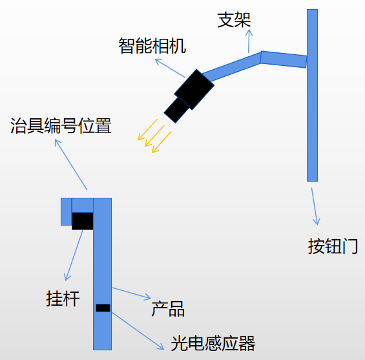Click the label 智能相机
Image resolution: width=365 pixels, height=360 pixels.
152,46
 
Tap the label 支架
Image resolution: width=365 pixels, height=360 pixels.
234,20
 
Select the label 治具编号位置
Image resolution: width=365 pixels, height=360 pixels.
61,126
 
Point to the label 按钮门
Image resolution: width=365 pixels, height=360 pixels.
333,246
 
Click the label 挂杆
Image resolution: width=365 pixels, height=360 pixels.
63,299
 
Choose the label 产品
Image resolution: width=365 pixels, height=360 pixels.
168,309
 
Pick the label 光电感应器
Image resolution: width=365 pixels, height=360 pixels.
213,343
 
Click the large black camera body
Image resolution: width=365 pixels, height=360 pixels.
194,89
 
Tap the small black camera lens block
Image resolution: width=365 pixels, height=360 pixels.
176,110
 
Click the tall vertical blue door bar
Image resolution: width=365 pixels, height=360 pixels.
312,95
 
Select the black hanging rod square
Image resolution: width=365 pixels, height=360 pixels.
83,221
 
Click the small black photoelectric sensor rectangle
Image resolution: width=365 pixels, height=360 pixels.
103,308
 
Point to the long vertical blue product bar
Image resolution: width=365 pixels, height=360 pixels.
103,274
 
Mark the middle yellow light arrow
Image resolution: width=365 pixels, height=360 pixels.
154,136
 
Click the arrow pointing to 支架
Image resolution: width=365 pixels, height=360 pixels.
249,41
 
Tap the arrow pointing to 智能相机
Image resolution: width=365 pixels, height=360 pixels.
170,68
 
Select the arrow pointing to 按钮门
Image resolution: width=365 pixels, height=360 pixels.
315,206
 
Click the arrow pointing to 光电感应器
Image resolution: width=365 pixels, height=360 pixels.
138,331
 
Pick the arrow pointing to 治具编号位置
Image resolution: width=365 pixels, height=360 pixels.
71,165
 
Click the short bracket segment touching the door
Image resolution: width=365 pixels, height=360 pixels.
284,59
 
